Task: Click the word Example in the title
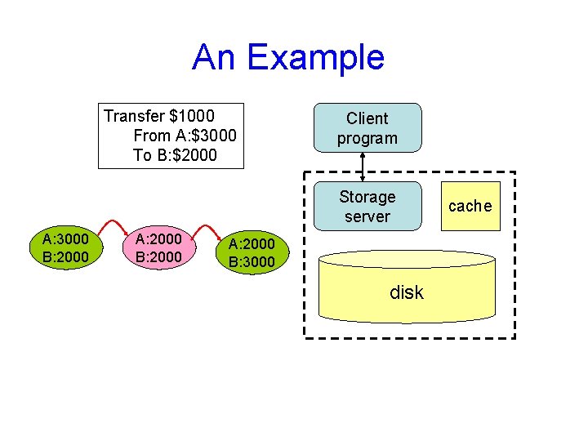(x=315, y=57)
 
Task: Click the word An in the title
(x=215, y=57)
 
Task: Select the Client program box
(x=367, y=128)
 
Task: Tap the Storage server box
(x=367, y=207)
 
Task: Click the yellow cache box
(x=470, y=207)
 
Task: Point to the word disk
(x=407, y=292)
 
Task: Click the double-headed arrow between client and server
(x=363, y=166)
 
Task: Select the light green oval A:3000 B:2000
(x=66, y=247)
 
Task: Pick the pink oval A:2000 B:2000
(x=158, y=247)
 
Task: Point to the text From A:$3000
(x=185, y=135)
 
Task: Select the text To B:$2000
(x=175, y=154)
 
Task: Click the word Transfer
(x=135, y=115)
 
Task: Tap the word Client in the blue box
(x=367, y=118)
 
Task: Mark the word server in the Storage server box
(x=367, y=216)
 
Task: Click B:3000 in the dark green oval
(x=252, y=262)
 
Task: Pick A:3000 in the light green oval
(x=66, y=238)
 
